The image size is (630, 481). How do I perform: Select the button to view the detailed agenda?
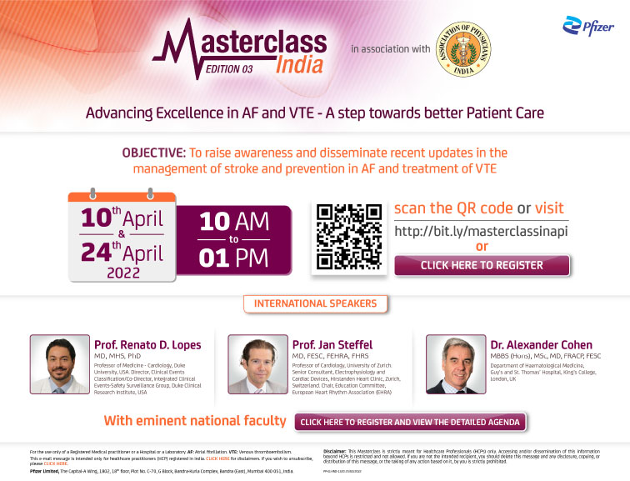pos(410,423)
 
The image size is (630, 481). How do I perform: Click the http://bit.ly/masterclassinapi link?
pos(480,230)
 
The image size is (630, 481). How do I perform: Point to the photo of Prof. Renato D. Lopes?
pos(59,363)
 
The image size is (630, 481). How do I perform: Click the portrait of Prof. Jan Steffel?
pos(257,363)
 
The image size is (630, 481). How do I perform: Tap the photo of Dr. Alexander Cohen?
pos(455,363)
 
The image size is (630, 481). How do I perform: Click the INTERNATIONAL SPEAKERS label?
pos(315,303)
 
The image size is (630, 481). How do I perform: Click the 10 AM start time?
pos(233,221)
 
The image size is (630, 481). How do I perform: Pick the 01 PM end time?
pos(234,257)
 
